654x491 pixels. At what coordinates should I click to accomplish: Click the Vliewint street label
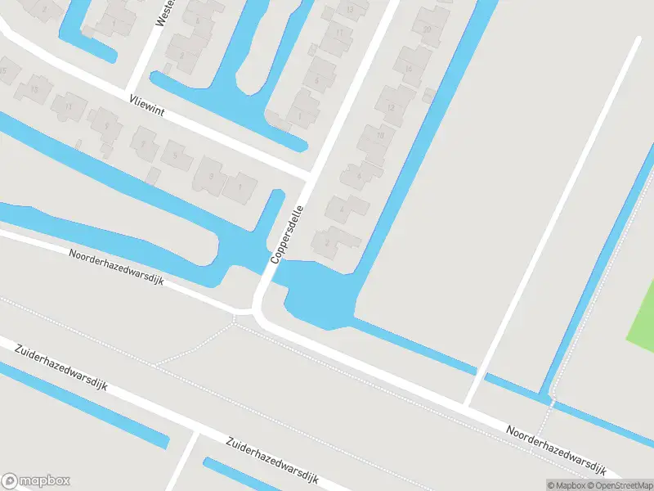click(x=147, y=107)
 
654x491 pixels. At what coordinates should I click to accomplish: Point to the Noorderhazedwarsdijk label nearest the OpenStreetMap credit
click(x=555, y=451)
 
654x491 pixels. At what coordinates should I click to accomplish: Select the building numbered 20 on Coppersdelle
click(x=427, y=30)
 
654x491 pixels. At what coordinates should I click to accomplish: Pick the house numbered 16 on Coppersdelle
click(x=408, y=70)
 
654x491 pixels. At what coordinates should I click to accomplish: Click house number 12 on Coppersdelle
click(x=391, y=107)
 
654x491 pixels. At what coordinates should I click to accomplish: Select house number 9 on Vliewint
click(x=106, y=126)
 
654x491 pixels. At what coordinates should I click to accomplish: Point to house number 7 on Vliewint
click(x=143, y=145)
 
